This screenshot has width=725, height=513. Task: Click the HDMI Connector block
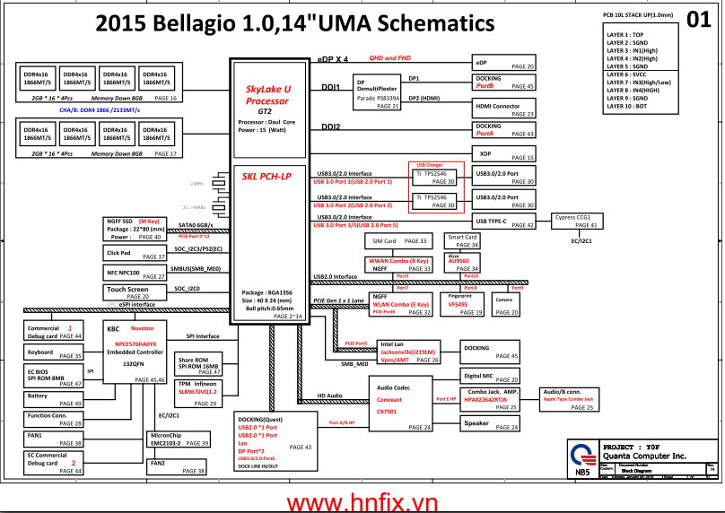click(503, 109)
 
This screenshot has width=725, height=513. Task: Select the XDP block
click(503, 152)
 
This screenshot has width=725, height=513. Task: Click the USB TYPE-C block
click(503, 222)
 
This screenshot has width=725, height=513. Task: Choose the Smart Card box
click(463, 241)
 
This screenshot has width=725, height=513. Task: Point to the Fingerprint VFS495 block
click(460, 304)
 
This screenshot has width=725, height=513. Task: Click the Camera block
click(504, 305)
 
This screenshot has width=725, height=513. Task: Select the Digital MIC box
click(490, 376)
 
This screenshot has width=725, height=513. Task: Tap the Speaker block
click(490, 423)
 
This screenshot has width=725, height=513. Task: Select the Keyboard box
click(54, 353)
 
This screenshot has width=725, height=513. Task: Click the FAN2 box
click(175, 466)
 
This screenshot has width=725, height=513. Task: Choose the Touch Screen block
click(135, 292)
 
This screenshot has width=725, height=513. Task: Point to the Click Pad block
click(135, 254)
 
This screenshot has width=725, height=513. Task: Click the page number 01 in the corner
click(698, 20)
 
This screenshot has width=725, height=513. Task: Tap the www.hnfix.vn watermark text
click(362, 500)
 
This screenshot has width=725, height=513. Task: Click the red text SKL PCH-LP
click(268, 177)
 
